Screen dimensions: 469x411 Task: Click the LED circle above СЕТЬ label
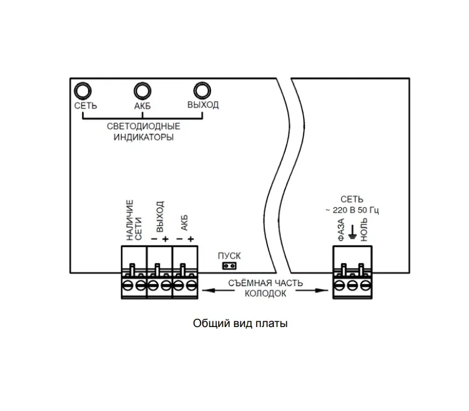(x=83, y=91)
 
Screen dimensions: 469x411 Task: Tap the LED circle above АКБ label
(x=142, y=91)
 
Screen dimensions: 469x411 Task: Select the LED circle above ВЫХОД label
(x=202, y=90)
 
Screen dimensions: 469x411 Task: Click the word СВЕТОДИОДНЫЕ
(x=144, y=126)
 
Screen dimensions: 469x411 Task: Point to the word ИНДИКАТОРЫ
(x=144, y=137)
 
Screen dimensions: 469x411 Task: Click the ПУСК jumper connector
(x=229, y=266)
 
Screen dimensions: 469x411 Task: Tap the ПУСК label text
(x=229, y=256)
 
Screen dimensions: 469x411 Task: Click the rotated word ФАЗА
(x=341, y=230)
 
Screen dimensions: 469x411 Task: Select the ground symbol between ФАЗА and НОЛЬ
(x=353, y=233)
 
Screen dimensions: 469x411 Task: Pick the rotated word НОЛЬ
(x=363, y=230)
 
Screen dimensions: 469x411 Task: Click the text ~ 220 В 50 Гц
(x=352, y=210)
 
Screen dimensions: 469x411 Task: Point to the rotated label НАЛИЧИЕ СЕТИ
(x=134, y=220)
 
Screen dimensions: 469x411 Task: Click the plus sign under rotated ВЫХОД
(x=165, y=239)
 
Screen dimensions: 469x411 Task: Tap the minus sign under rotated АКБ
(x=179, y=239)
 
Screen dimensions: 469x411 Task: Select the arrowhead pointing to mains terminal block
(x=322, y=290)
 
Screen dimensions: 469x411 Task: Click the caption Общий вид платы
(x=240, y=324)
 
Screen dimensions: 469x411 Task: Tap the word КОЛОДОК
(x=266, y=294)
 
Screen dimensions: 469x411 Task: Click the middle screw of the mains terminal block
(x=352, y=285)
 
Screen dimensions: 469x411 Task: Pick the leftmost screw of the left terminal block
(x=127, y=285)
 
